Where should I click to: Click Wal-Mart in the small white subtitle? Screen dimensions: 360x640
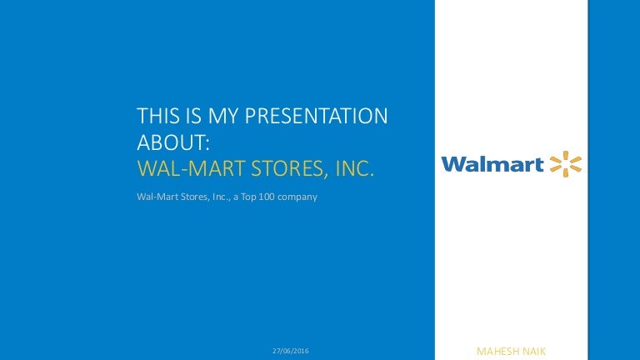pyautogui.click(x=156, y=197)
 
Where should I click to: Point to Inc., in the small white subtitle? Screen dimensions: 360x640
pyautogui.click(x=223, y=197)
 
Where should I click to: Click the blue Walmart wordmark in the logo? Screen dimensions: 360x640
pyautogui.click(x=492, y=164)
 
